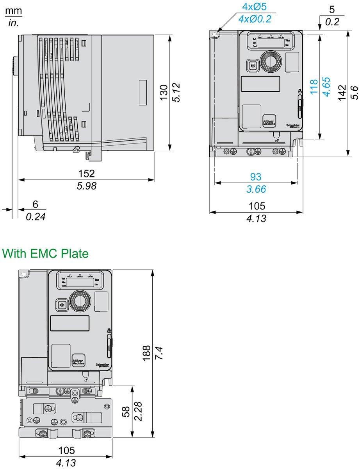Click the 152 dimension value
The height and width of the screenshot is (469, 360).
coord(86,173)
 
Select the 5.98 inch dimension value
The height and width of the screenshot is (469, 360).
coord(86,186)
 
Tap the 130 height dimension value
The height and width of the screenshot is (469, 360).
coord(164,93)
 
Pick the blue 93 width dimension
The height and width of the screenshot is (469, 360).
coord(256,177)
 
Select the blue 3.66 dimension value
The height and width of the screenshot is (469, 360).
coord(256,190)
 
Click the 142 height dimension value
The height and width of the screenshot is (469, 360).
coord(342,93)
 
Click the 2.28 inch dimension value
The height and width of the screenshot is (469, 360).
coord(138,411)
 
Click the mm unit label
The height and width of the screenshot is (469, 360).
coord(14,11)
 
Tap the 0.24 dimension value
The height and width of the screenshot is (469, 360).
coord(36,217)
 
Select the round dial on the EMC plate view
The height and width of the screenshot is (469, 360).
coord(80,301)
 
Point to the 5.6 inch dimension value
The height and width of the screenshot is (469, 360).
coord(354,93)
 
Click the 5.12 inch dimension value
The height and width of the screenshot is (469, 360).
coord(176,93)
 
